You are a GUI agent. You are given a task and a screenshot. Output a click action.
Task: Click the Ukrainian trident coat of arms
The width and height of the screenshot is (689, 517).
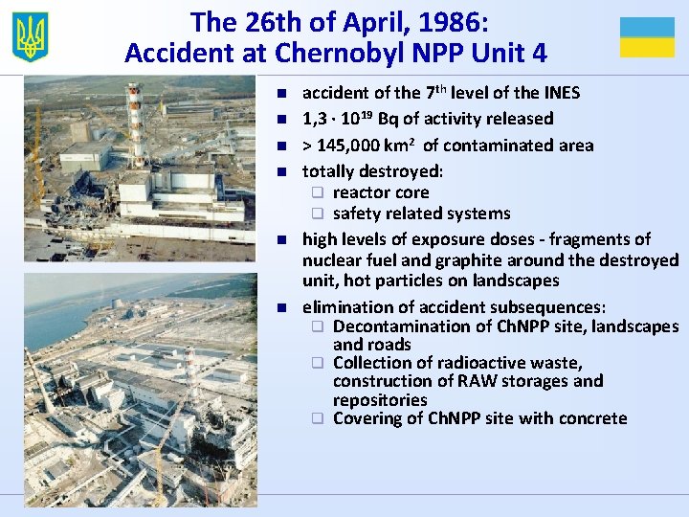pyautogui.click(x=31, y=37)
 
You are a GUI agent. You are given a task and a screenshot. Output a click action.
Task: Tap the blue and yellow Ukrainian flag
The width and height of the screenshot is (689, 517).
pyautogui.click(x=647, y=37)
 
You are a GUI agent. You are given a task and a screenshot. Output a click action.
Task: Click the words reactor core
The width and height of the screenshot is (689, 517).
pyautogui.click(x=381, y=192)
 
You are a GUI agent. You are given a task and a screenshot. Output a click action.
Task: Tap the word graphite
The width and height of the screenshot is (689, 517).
pyautogui.click(x=468, y=260)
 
